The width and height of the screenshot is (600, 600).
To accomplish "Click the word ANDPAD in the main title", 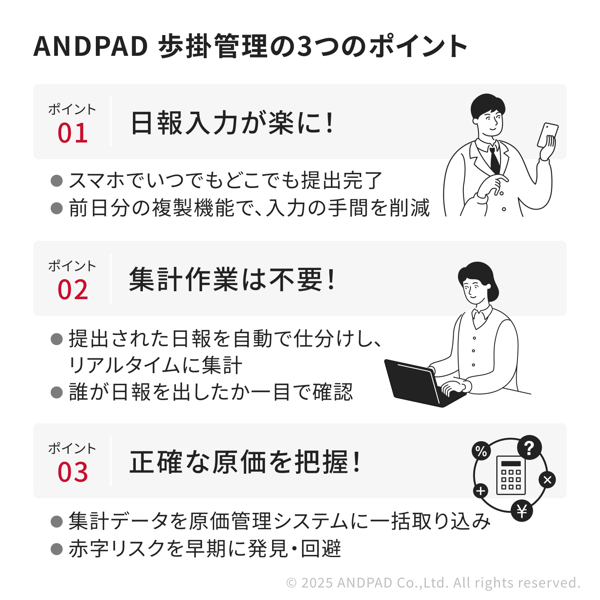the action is coord(90,46).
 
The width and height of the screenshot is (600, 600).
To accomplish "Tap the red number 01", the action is coord(72,133).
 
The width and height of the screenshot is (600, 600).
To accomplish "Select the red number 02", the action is coord(72,290).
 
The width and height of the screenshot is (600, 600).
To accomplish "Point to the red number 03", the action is coord(72,472).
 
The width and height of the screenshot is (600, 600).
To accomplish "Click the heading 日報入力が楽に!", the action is coord(232,122).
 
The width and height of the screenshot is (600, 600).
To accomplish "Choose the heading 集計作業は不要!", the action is coord(232,279).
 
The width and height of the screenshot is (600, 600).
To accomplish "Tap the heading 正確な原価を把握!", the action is coord(245,462).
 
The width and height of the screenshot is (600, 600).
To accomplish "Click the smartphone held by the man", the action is coord(547,135).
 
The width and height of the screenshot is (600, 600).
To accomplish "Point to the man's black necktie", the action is coord(495,160).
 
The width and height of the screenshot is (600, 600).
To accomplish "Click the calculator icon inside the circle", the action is coord(511,475).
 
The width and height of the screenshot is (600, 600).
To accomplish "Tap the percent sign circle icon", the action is coord(481,451).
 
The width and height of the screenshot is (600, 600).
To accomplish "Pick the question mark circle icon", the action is coord(529,447).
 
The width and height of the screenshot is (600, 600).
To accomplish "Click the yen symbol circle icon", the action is coord(522,511).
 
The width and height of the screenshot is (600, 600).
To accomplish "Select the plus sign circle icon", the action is coord(481,491).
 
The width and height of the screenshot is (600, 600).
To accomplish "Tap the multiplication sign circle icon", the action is coord(547,480).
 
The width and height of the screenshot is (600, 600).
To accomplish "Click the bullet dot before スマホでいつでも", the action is coord(57,180).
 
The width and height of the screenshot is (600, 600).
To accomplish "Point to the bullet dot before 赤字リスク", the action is coord(57,549).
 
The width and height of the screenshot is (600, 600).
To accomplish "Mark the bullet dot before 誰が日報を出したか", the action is coord(57,392).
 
